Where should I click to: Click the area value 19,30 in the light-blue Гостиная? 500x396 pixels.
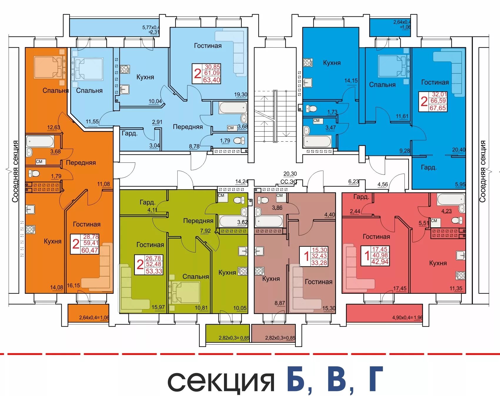[x=240, y=95]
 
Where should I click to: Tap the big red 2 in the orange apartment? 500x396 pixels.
[x=76, y=244]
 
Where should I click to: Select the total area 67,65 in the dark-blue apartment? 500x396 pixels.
[x=438, y=108]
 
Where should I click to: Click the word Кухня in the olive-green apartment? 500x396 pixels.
[x=227, y=272]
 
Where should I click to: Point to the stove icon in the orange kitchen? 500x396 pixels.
[x=30, y=229]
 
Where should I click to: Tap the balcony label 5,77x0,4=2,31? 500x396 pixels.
[x=151, y=30]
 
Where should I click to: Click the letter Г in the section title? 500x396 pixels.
[x=375, y=379]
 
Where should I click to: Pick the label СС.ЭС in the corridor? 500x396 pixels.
[x=289, y=182]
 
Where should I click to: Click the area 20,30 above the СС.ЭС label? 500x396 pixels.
[x=290, y=174]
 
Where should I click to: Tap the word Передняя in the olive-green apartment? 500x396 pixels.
[x=198, y=221]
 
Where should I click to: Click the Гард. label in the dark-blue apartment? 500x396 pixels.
[x=429, y=167]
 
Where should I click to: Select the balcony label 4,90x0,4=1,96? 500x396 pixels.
[x=407, y=318]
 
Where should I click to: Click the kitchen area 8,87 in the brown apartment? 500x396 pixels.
[x=280, y=303]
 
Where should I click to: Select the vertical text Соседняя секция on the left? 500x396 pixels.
[x=15, y=171]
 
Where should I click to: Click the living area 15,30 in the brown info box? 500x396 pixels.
[x=319, y=250]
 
